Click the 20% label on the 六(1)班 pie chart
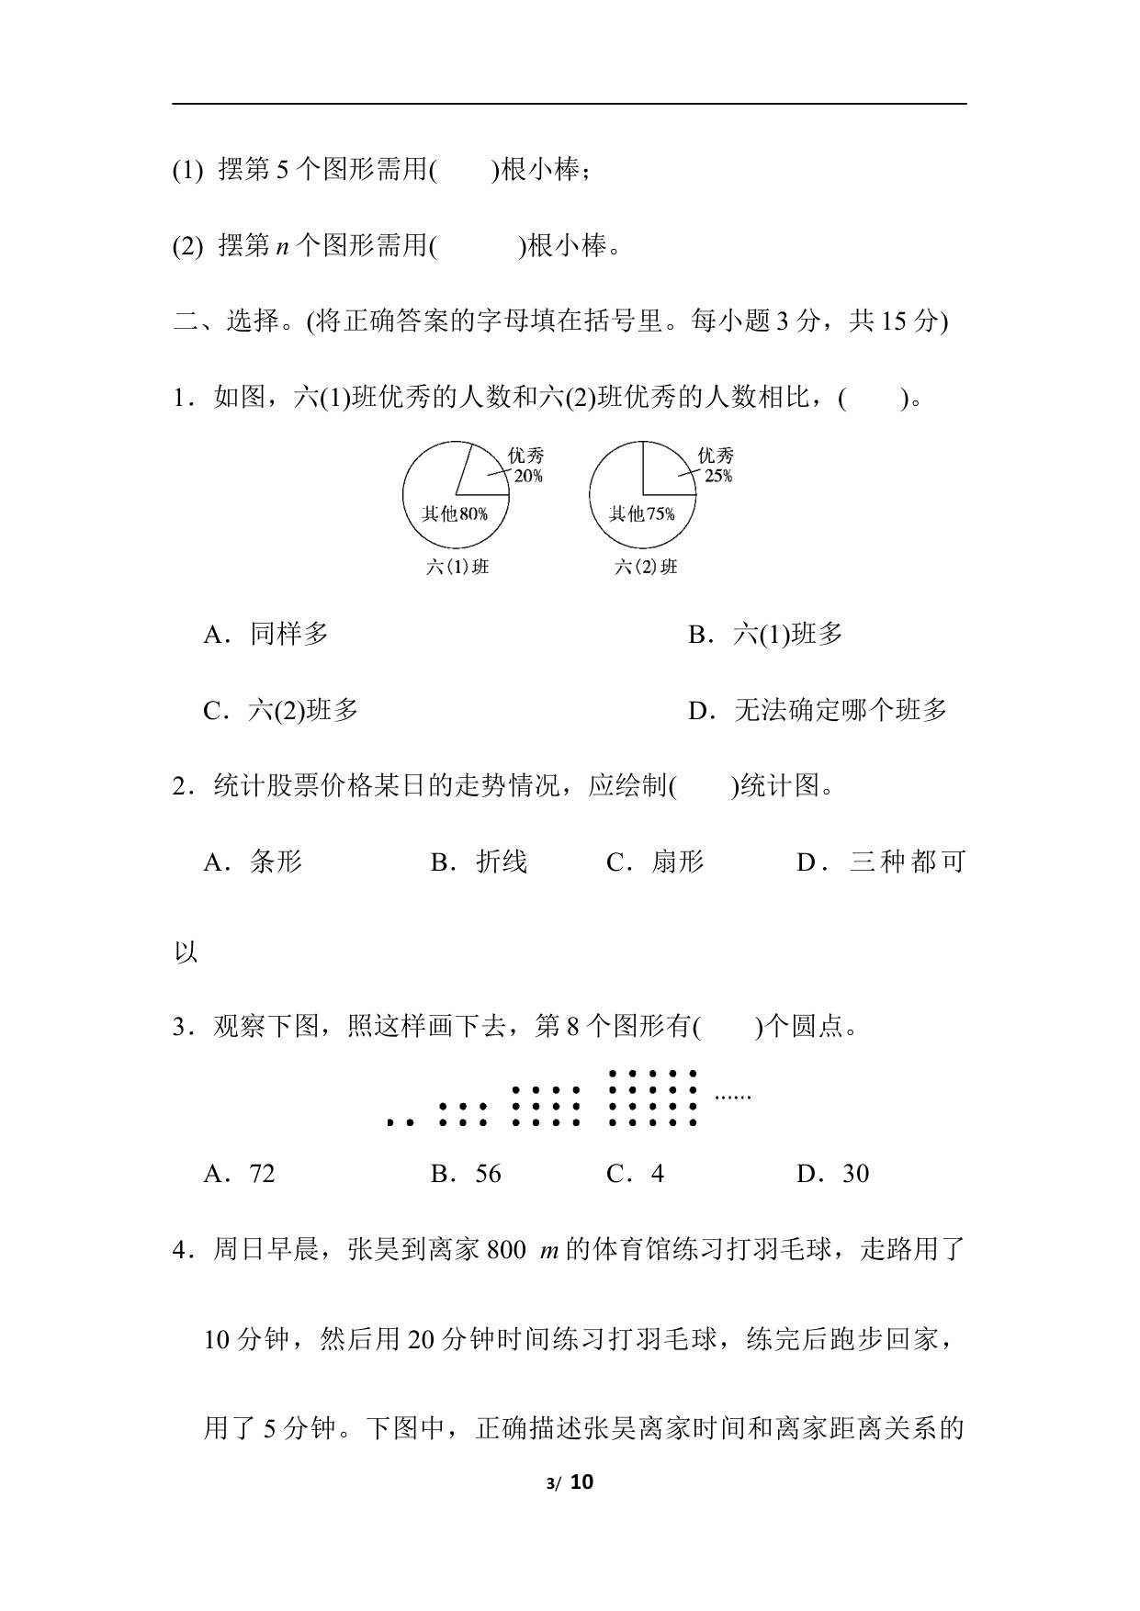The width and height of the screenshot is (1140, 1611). click(528, 476)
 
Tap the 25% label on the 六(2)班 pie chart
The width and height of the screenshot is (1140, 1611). click(718, 476)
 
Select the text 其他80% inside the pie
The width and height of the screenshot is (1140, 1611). click(454, 513)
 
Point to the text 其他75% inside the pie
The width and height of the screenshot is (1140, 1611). click(641, 513)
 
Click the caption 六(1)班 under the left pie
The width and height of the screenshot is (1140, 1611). click(457, 567)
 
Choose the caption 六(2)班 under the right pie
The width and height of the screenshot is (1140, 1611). click(646, 567)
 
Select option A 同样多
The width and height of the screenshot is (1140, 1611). click(266, 634)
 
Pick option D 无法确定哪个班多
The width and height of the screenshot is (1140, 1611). click(818, 710)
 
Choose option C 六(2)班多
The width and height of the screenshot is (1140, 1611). click(281, 710)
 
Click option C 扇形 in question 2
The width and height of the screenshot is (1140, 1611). click(656, 862)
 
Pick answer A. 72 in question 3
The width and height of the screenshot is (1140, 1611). click(240, 1174)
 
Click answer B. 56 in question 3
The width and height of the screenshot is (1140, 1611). click(467, 1174)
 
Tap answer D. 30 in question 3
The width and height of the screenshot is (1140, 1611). click(833, 1174)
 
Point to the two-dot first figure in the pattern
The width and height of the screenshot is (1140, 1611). click(400, 1121)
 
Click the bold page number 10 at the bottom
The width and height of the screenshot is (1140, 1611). click(582, 1481)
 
